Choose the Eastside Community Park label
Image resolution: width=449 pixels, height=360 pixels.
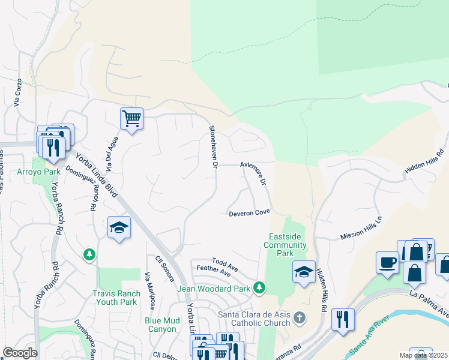click(287, 245)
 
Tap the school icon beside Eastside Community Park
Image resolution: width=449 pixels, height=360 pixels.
click(304, 272)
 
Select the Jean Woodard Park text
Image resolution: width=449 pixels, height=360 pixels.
click(221, 289)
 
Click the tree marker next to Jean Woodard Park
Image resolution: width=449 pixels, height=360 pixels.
click(259, 288)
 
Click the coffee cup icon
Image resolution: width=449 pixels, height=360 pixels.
click(387, 262)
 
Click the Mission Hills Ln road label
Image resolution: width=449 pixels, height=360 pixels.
click(361, 228)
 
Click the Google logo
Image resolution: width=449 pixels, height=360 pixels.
click(20, 353)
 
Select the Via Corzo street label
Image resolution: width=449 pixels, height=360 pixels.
click(18, 93)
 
